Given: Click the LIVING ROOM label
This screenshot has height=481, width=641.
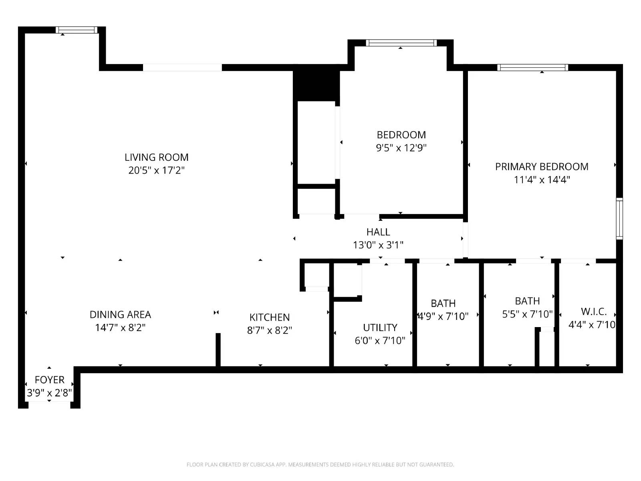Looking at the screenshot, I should (x=156, y=157).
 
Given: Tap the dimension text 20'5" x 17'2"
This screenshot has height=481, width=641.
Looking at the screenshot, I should (x=156, y=170).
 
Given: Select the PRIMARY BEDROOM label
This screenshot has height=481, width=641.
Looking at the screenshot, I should (x=542, y=167).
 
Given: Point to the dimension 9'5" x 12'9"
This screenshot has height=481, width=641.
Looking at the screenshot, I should (x=401, y=148).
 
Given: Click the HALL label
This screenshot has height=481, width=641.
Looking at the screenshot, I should (x=378, y=232).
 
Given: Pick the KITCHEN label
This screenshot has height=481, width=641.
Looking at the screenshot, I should (x=269, y=317).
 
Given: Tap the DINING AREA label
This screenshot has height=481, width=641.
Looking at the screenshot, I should (x=120, y=315).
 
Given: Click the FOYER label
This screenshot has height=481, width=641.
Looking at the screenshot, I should (x=49, y=380).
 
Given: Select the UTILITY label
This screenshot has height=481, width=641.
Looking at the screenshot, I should (x=380, y=327).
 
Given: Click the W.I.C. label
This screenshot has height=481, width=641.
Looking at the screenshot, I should (x=594, y=311).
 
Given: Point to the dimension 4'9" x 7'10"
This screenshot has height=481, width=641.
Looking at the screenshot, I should (x=443, y=316).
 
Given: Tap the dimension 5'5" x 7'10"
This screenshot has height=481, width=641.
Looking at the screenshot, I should (x=527, y=314).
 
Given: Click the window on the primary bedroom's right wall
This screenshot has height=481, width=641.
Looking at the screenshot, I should (x=619, y=218).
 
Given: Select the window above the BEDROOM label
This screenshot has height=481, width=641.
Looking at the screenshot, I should (x=401, y=43).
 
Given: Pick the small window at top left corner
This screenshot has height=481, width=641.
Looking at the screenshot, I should (x=76, y=30).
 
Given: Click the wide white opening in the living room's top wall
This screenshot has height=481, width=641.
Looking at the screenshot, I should (x=182, y=67).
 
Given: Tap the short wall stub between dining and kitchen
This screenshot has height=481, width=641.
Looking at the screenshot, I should (x=218, y=350).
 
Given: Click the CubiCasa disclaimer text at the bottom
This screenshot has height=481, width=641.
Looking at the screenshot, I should (x=320, y=465).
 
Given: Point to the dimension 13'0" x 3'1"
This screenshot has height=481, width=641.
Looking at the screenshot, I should (x=378, y=245).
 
